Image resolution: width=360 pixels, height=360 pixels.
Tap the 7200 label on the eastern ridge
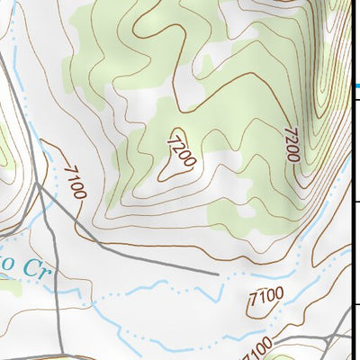[290, 144]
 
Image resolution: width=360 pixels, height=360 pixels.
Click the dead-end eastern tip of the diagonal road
[219, 272]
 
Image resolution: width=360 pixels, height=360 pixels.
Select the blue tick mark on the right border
[356, 85]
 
